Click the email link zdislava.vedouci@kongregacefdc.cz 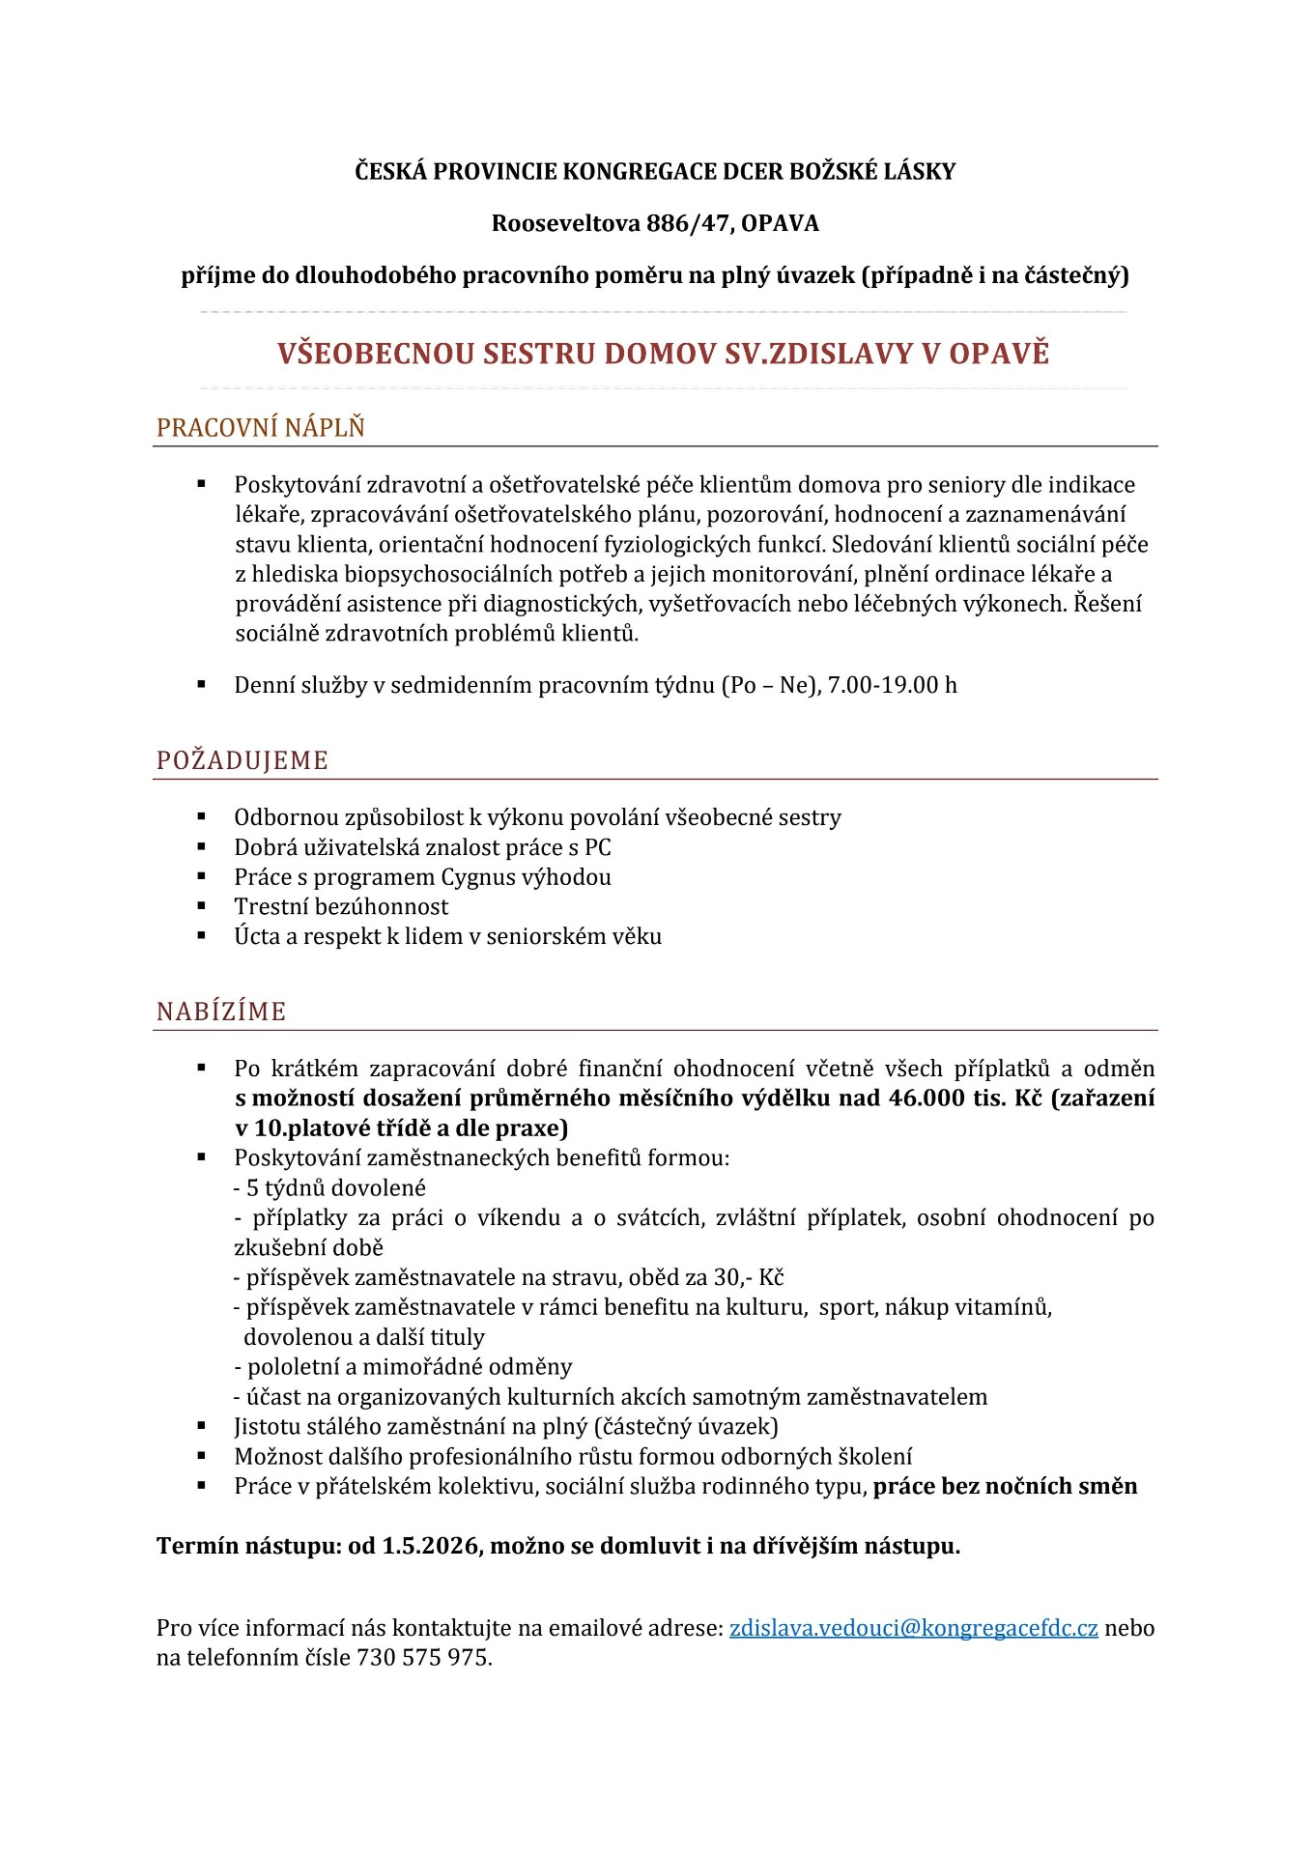click(x=913, y=1628)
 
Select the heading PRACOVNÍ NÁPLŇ click(x=261, y=427)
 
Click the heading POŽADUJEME click(x=242, y=760)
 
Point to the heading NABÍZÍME click(x=221, y=1012)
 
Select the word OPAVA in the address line click(x=780, y=223)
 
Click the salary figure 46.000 click(x=926, y=1099)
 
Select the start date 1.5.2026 click(x=430, y=1546)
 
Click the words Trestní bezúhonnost click(x=341, y=907)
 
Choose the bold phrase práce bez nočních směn click(x=1005, y=1486)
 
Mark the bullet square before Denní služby click(x=202, y=684)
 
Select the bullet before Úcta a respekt click(x=202, y=935)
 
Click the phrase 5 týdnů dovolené click(x=335, y=1188)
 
